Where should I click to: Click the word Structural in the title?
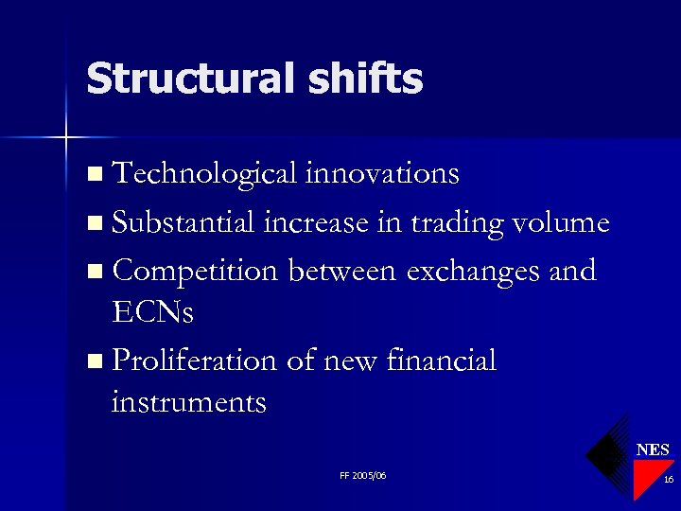coord(189,79)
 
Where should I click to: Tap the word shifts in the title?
coord(362,79)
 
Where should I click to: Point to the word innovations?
coord(382,174)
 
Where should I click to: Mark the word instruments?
coord(188,403)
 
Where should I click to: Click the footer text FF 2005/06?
coord(362,475)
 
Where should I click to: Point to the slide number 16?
coord(668,480)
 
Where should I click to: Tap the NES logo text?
coord(653,449)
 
